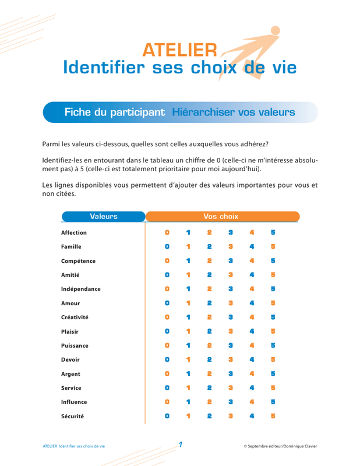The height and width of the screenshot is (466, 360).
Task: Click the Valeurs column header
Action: (x=104, y=217)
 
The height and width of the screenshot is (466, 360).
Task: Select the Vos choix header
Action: (x=221, y=217)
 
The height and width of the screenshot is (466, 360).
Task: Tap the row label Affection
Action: (x=74, y=233)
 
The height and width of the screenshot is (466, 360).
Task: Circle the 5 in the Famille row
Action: (x=273, y=247)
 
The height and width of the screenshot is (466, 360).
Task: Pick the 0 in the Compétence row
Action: (x=167, y=261)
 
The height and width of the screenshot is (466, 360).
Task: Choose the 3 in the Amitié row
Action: (x=231, y=275)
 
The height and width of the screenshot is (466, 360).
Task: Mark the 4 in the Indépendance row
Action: (x=252, y=289)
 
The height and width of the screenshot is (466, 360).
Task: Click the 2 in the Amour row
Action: (x=210, y=303)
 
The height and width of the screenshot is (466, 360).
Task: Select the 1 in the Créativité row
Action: (x=188, y=317)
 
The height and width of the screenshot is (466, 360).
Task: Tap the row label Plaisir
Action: (x=69, y=331)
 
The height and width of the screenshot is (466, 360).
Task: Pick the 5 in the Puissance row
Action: (x=273, y=345)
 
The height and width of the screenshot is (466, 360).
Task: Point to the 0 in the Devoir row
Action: (x=167, y=360)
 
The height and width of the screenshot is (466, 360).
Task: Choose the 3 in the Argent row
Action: (x=231, y=374)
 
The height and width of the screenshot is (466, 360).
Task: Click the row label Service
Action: (x=71, y=388)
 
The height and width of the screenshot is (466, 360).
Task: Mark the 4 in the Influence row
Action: (x=252, y=402)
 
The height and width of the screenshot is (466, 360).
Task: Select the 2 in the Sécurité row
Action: (x=210, y=416)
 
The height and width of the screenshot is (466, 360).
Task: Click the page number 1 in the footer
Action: (x=181, y=445)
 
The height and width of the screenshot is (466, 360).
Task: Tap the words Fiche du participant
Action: (x=114, y=112)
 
